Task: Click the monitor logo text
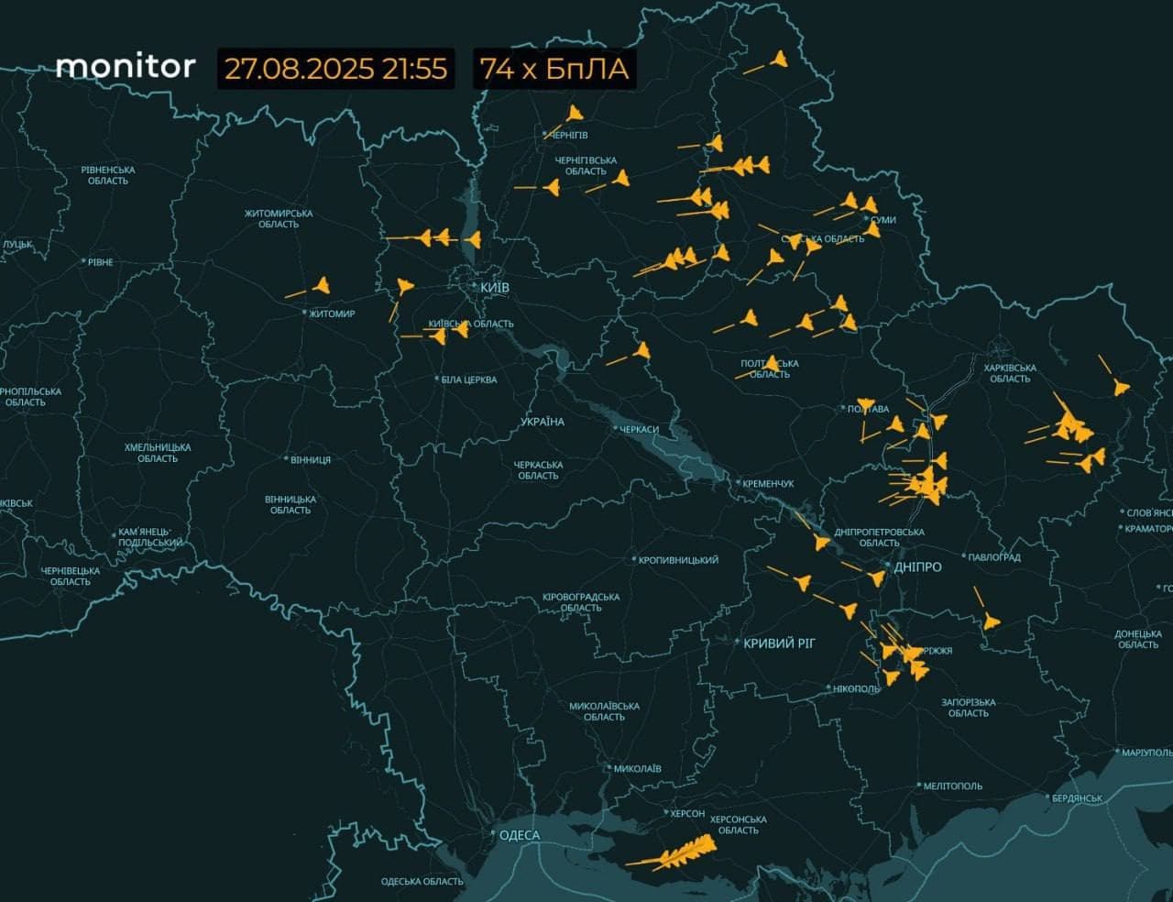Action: click(126, 66)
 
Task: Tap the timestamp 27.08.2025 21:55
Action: click(335, 69)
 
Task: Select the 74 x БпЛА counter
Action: click(554, 69)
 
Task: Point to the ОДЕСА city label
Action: click(519, 835)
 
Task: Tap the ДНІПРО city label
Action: click(917, 567)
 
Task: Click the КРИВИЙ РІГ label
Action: click(779, 643)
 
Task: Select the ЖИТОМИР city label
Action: click(332, 314)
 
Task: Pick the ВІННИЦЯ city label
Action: click(311, 459)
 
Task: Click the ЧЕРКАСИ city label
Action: click(639, 429)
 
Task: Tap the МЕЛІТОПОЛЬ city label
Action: click(953, 786)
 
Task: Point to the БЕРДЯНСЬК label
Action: click(1077, 798)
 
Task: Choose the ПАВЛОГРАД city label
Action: click(994, 557)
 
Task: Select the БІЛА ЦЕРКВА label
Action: click(468, 379)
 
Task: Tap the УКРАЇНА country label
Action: click(543, 422)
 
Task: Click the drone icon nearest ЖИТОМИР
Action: click(321, 285)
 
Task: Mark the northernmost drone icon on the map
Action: click(778, 60)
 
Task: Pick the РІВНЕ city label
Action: click(100, 262)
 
